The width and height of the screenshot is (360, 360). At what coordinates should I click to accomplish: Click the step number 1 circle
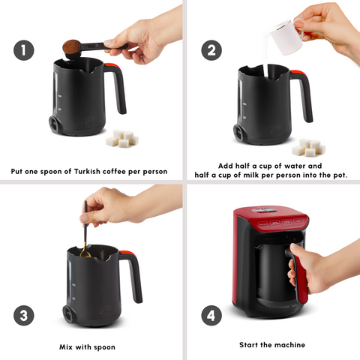(x=24, y=50)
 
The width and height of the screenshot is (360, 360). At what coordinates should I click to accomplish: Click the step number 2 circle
(x=211, y=50)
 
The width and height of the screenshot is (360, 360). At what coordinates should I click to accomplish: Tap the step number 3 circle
(x=24, y=315)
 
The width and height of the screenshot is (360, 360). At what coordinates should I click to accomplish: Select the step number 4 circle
(x=211, y=315)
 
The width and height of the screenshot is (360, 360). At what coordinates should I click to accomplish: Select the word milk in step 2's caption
(x=277, y=175)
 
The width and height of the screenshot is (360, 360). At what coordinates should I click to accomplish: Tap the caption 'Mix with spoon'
(x=91, y=347)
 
